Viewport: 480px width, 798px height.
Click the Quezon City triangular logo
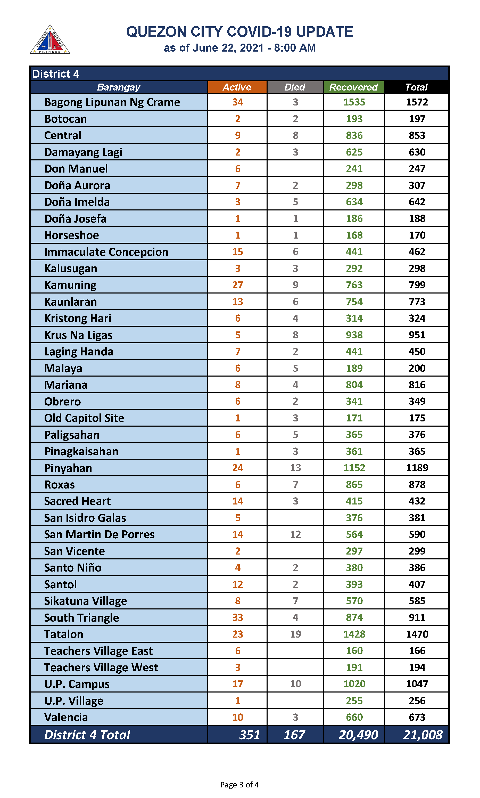coord(50,40)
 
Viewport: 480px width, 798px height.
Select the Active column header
coord(237,87)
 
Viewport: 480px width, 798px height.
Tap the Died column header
coord(295,87)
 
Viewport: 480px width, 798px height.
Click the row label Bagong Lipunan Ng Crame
coord(112,102)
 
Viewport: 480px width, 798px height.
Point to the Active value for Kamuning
coord(237,285)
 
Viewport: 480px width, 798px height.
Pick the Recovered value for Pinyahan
coord(354,468)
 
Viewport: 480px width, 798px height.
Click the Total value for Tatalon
coord(417,634)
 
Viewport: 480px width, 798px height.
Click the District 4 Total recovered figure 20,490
coord(358,735)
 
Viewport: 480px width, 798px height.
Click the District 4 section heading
coord(56,74)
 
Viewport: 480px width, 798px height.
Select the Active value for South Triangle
coord(237,617)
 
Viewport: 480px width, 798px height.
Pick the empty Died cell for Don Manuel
coord(295,169)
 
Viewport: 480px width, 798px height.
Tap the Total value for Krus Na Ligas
coord(417,335)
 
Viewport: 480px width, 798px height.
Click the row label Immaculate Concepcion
coord(106,252)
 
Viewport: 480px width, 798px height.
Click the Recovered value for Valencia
coord(354,717)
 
